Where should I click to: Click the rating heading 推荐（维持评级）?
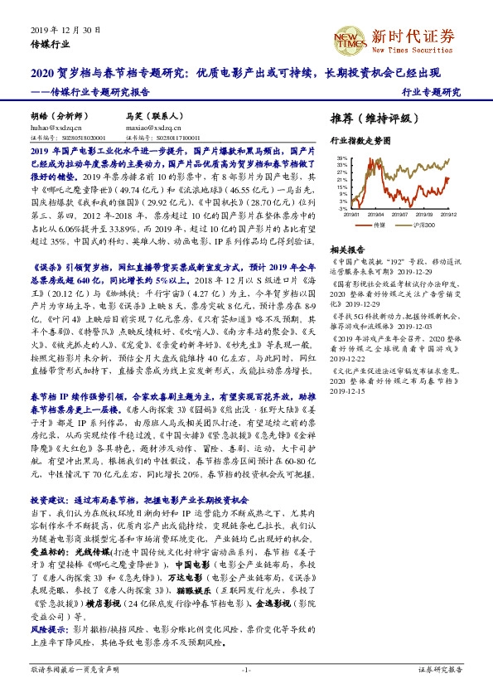point(370,118)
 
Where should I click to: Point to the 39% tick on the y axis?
point(341,158)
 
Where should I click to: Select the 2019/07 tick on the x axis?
point(400,215)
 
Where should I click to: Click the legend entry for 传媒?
point(379,225)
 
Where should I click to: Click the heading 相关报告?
point(347,250)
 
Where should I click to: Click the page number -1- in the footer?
point(246,668)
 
